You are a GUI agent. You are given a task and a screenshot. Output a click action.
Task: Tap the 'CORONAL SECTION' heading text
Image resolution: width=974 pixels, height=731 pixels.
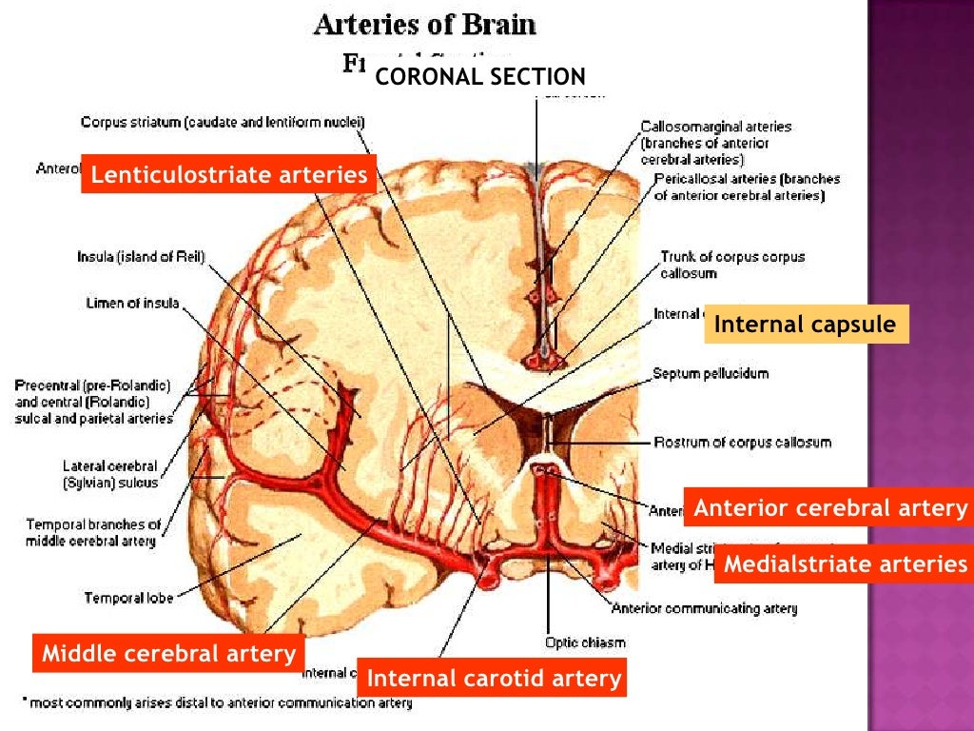coord(480,77)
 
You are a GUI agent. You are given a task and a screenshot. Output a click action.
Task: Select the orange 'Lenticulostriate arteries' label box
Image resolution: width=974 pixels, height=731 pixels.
coord(228,174)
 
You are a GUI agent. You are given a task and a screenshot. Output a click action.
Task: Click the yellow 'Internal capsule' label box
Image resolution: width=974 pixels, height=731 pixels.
coord(806,325)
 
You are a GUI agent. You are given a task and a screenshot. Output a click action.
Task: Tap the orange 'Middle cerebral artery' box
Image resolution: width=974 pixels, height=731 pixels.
coord(169,654)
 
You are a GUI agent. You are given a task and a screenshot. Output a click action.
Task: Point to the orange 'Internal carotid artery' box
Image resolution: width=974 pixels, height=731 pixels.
coord(494,679)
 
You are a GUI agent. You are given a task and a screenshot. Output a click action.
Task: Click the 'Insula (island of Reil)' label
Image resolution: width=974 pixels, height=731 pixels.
coord(141,256)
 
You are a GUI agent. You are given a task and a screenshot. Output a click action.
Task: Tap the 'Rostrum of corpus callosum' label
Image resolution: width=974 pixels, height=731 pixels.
coord(743,442)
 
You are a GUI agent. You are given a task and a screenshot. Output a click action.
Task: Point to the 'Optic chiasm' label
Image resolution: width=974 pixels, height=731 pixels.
coord(585,642)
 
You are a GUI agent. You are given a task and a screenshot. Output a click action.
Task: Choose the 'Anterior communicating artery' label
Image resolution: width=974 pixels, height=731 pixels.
coord(705,608)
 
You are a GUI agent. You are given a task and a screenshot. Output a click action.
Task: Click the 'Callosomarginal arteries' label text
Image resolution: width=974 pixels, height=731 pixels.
coord(715,126)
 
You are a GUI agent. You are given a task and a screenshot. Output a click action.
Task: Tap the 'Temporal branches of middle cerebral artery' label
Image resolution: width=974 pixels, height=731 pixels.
coord(92,533)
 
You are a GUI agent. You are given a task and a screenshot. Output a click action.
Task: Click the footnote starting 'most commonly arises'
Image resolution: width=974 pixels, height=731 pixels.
coord(219,703)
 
